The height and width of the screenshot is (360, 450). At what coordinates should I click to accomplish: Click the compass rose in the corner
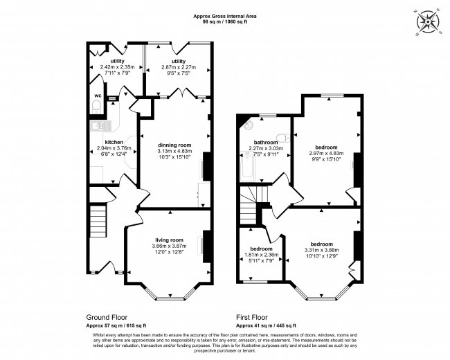tap(430, 22)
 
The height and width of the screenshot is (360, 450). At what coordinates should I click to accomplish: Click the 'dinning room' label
tap(174, 145)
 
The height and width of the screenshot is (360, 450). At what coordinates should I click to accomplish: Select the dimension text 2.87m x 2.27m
tap(179, 68)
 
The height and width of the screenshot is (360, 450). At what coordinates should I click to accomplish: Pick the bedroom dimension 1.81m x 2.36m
tap(262, 255)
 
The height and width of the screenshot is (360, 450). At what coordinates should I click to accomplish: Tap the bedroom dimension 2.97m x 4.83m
tap(327, 154)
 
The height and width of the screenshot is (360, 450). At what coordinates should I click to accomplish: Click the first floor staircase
tap(249, 207)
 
